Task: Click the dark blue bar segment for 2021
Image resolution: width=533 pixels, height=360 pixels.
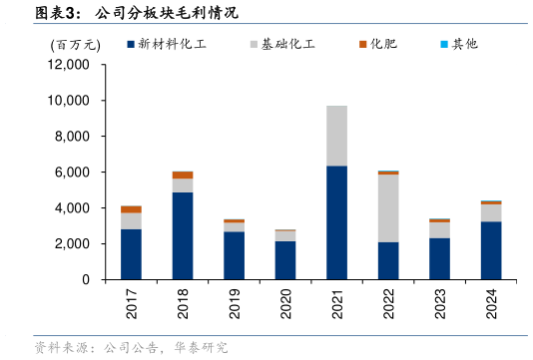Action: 336,222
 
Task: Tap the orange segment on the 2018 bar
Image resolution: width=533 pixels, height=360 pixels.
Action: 183,175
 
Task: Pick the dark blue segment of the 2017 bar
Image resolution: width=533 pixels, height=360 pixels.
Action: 131,254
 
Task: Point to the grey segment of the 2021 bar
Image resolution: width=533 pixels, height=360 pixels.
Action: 336,136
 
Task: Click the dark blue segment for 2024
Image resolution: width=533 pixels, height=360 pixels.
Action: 491,250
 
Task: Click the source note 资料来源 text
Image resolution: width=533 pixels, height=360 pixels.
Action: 130,347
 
